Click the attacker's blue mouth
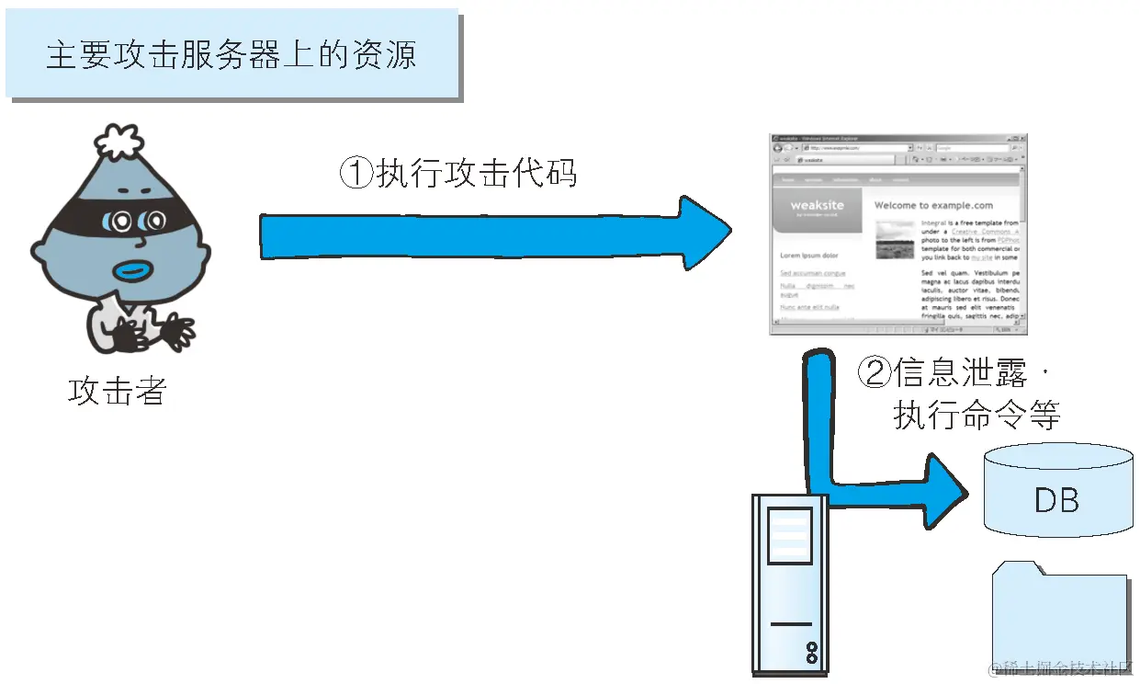[x=135, y=272]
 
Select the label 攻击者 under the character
[x=117, y=391]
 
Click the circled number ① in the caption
[x=356, y=173]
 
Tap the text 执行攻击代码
[x=477, y=173]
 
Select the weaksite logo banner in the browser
[x=818, y=211]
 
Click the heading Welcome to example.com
[x=933, y=205]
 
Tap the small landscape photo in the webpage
[x=895, y=240]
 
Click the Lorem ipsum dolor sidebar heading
[x=809, y=256]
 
